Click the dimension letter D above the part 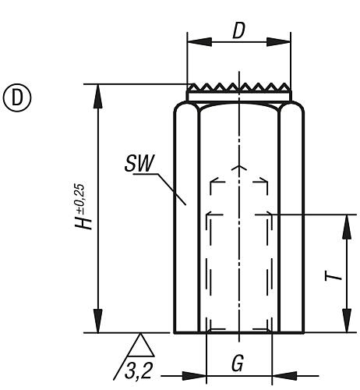tap(239, 32)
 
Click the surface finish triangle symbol tap(140, 343)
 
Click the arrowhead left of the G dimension tap(197, 373)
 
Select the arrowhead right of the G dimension tap(281, 373)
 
